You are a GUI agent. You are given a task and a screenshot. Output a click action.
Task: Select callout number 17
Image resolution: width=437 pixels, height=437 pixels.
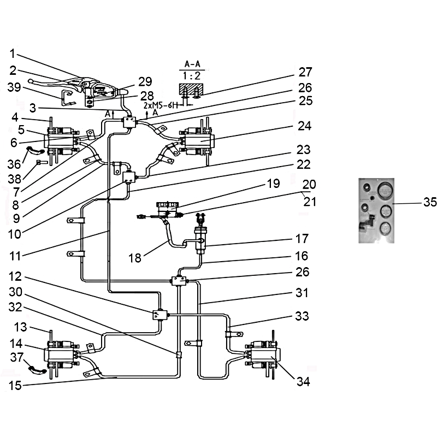(302, 239)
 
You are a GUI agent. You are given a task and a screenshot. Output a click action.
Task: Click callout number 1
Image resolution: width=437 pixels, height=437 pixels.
(13, 55)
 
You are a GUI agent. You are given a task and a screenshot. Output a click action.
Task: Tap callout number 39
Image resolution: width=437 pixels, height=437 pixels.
(15, 87)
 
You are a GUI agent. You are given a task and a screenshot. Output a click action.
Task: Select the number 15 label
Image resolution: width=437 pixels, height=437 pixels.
(15, 386)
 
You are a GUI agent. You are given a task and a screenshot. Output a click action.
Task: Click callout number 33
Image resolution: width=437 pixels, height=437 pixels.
(302, 316)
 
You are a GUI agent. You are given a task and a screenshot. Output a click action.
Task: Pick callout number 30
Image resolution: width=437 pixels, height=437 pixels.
(15, 292)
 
